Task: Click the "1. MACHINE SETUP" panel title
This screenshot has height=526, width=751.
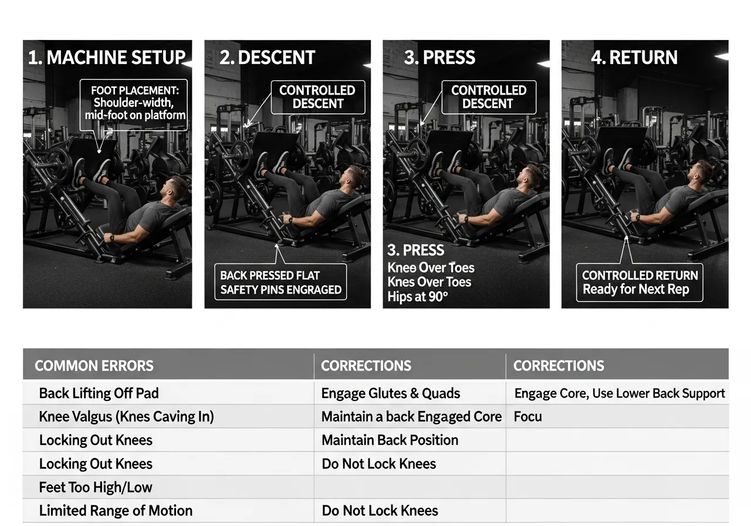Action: coord(107,58)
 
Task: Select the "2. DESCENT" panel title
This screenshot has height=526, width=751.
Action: coord(267,58)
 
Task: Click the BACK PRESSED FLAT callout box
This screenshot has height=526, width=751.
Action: coord(280,282)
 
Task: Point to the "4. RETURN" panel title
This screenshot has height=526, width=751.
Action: coord(634,58)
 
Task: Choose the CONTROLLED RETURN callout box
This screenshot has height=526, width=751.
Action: coord(640,282)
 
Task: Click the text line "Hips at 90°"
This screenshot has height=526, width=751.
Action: coord(417,296)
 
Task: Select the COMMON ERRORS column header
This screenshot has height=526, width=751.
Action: coord(94,366)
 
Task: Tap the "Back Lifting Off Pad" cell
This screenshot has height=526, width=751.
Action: coord(99,393)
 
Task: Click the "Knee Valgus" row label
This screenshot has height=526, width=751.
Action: coord(126,417)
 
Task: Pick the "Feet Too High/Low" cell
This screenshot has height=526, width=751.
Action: coord(96,487)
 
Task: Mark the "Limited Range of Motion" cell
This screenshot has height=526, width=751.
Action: coord(116,511)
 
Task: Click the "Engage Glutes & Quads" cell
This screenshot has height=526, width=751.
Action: coord(390,393)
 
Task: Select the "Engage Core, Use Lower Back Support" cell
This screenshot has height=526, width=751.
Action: coord(620,393)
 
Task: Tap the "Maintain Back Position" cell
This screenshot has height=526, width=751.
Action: coord(390,440)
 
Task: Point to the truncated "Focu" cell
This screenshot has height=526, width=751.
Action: coord(527,417)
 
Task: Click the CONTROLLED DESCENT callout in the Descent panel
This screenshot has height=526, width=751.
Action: coord(317,97)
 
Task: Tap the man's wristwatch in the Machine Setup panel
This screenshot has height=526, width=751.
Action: coord(110,238)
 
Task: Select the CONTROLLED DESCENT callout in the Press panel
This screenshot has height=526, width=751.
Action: coord(488,97)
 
